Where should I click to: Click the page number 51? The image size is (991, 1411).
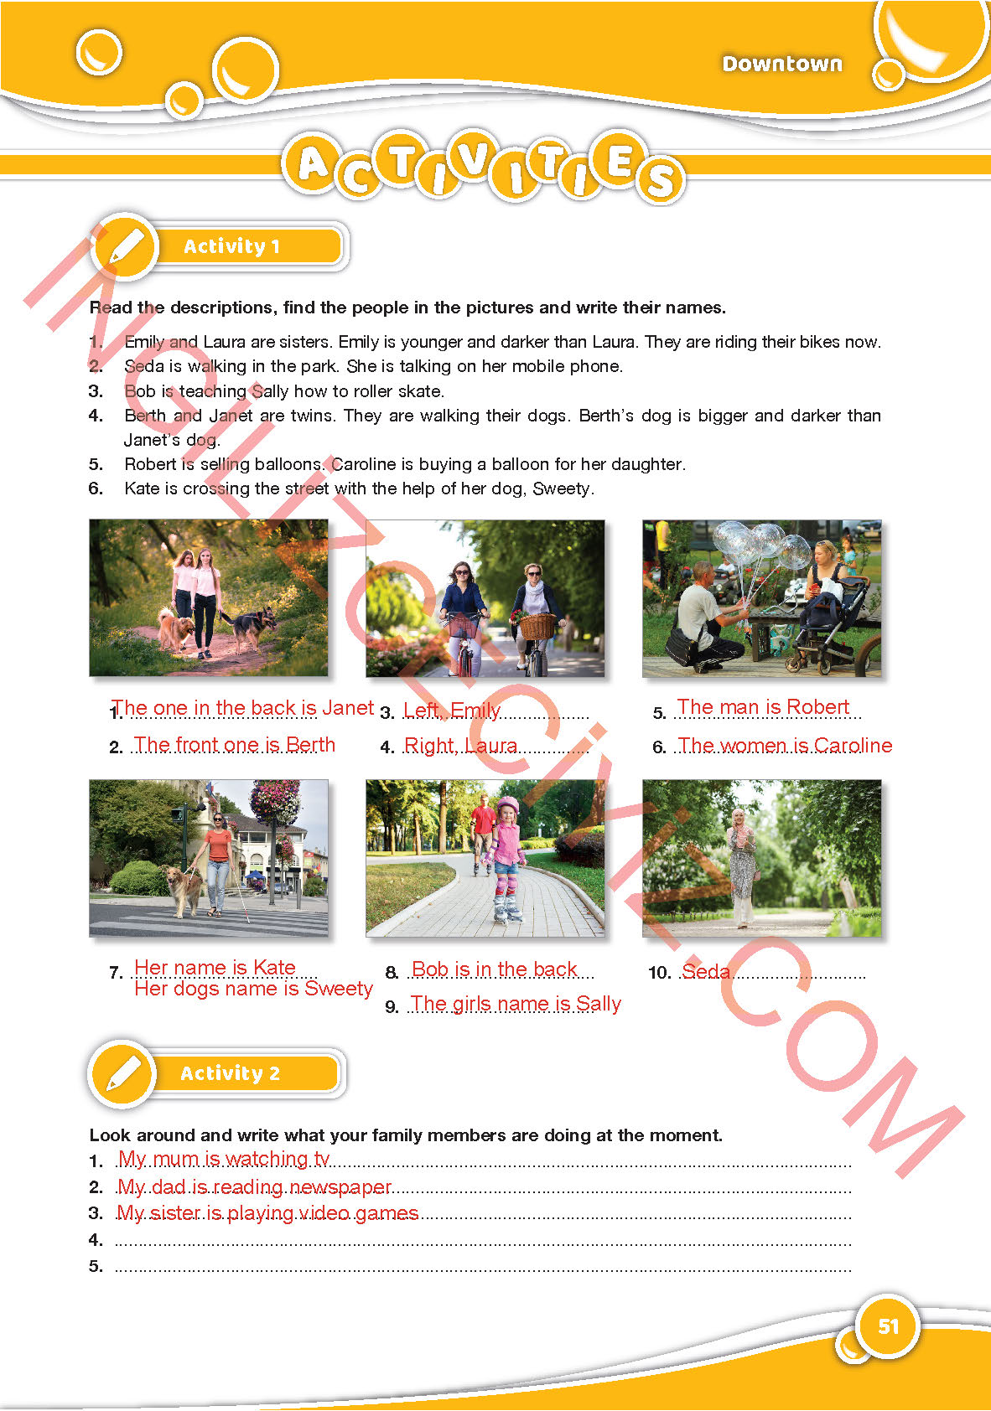click(888, 1326)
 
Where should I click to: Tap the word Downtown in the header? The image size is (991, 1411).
click(781, 64)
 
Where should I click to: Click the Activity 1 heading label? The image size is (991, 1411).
click(231, 246)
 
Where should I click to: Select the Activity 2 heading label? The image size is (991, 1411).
click(230, 1072)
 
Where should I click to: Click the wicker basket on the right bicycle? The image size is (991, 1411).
click(537, 626)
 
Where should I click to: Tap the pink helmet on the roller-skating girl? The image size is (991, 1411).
click(507, 805)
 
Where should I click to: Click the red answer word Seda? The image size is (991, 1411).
click(706, 971)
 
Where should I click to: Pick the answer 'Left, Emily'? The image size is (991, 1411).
click(452, 710)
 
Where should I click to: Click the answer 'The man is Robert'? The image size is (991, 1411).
click(763, 707)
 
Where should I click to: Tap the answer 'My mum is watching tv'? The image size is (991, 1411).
click(224, 1158)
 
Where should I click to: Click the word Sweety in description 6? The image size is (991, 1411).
click(563, 488)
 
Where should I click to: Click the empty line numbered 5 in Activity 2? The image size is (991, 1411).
click(482, 1271)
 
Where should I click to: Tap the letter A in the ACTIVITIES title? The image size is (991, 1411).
click(313, 163)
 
